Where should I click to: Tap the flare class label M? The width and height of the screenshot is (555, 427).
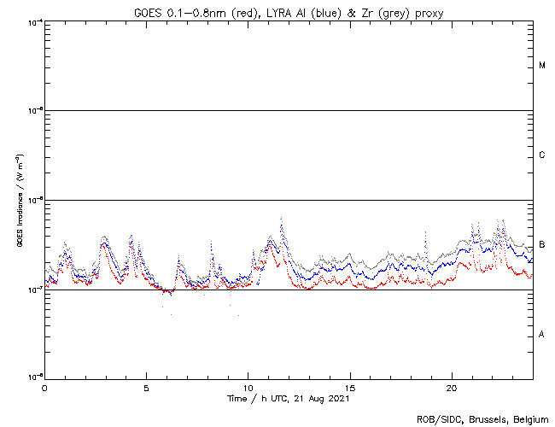[x=542, y=66]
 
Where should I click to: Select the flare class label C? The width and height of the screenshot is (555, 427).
[x=542, y=155]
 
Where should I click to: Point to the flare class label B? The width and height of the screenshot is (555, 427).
[x=542, y=244]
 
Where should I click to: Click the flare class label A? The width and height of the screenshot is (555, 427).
[x=542, y=334]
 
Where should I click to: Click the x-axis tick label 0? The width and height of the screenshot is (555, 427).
[x=44, y=387]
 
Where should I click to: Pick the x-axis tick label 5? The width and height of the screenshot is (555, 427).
[x=146, y=387]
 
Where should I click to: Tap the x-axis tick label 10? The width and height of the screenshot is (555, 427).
[x=248, y=387]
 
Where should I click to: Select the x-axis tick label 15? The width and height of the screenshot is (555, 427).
[x=350, y=387]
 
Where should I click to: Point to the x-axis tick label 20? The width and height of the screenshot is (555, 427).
[x=452, y=387]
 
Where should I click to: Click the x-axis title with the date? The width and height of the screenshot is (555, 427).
[x=288, y=398]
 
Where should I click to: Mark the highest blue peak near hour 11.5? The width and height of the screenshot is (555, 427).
[x=282, y=220]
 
